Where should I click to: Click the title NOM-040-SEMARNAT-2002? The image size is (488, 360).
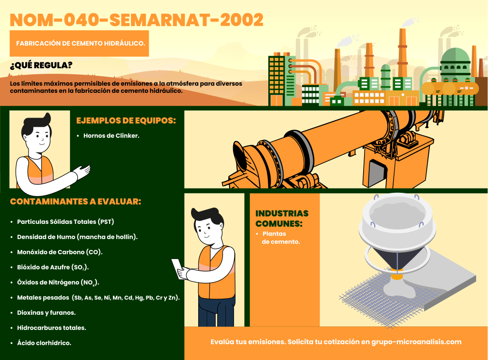137,20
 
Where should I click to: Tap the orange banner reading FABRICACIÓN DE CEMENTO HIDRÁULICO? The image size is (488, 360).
80,43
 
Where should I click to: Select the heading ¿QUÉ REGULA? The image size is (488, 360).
41,65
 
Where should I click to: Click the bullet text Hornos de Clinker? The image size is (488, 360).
111,136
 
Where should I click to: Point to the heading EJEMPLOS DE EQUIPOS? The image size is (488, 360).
126,120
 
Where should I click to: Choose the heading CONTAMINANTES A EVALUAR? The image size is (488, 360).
75,201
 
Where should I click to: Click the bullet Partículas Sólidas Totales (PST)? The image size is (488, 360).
65,221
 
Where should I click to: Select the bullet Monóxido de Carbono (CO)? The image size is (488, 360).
60,252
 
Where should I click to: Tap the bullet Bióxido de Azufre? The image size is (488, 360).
53,267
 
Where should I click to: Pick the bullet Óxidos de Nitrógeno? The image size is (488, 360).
58,282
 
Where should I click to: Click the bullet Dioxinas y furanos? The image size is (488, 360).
46,313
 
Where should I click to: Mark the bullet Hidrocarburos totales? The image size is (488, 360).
51,328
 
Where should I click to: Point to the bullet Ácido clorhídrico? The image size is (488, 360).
44,343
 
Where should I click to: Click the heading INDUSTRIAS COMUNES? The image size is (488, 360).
282,219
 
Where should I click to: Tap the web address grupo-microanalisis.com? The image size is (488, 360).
417,342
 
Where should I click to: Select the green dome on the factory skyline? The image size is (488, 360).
455,55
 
